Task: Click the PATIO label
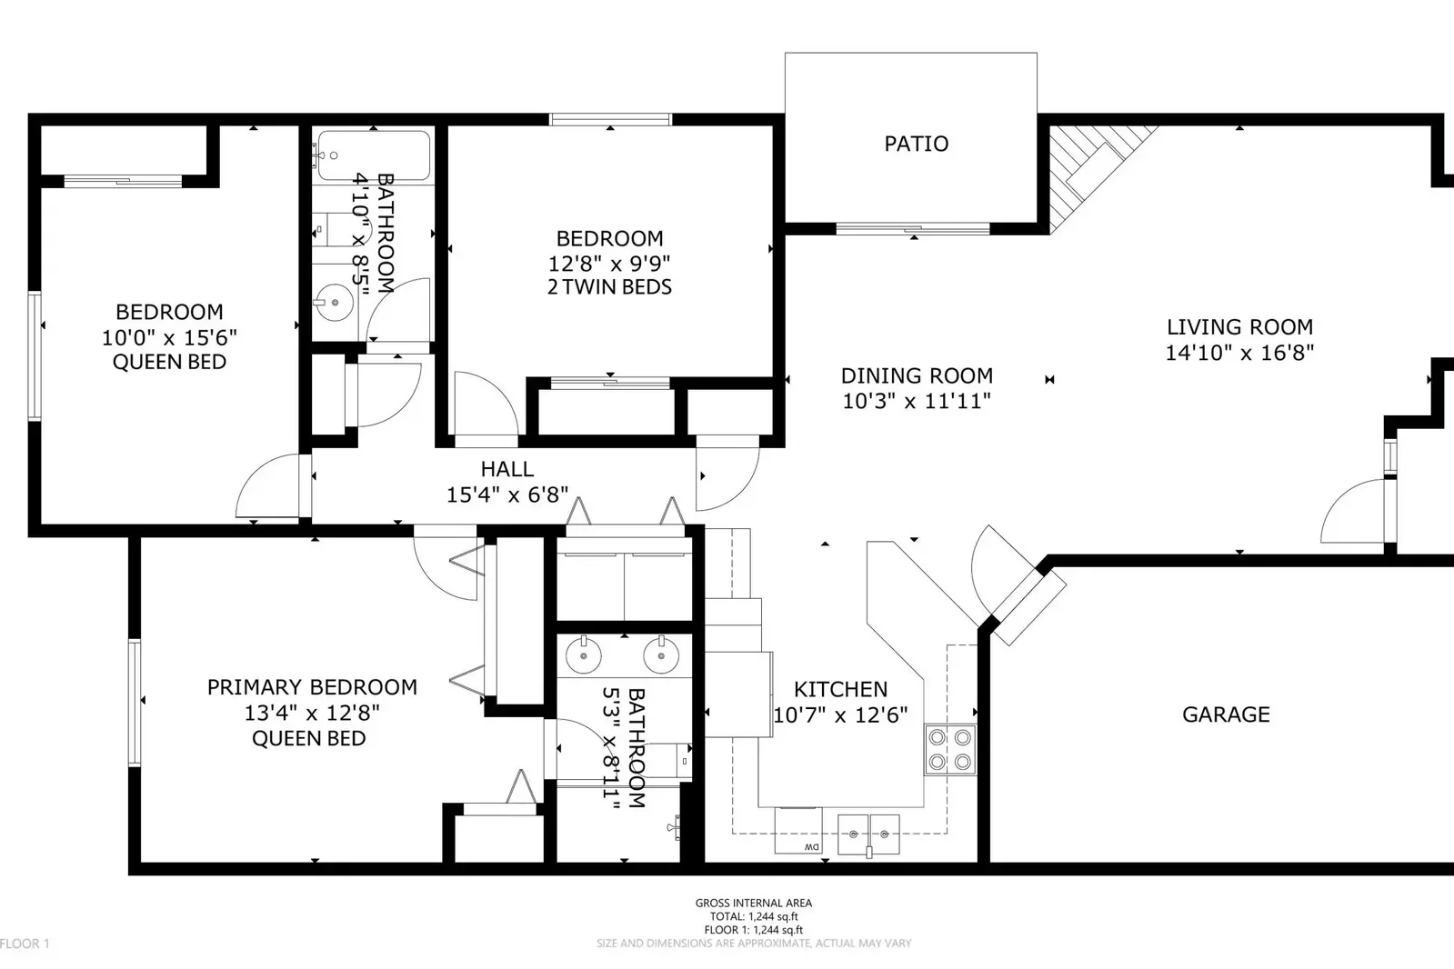tap(916, 144)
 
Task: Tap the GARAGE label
tap(1225, 714)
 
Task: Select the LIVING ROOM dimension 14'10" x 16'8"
tap(1238, 353)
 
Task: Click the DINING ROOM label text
tap(916, 375)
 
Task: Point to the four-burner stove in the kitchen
tap(949, 750)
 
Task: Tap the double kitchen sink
tap(868, 833)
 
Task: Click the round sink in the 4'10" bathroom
tap(335, 303)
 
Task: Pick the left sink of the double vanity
tap(583, 654)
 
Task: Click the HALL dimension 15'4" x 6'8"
tap(506, 494)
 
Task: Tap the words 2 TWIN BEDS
tap(609, 287)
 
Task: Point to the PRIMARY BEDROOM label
tap(312, 687)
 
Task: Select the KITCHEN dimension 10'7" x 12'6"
tap(839, 715)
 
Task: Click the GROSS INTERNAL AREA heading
tap(753, 903)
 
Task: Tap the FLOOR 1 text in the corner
tap(25, 944)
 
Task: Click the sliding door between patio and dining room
tap(912, 228)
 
